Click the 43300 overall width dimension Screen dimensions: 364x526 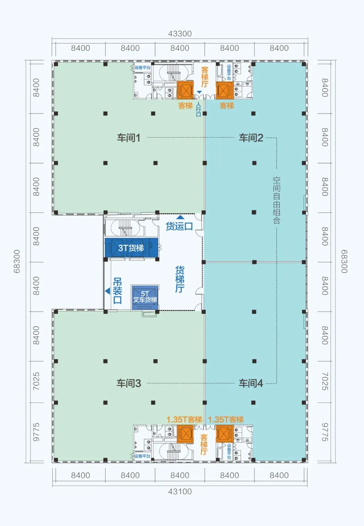pos(180,34)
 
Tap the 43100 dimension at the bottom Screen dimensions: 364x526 pos(180,491)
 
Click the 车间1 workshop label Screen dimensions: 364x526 pos(129,138)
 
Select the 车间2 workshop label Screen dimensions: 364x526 pos(251,138)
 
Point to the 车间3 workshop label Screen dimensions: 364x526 pos(129,383)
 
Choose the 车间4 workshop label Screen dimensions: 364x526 pos(251,383)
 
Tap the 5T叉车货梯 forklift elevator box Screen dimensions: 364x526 pos(145,297)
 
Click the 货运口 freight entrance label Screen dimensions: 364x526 pos(179,226)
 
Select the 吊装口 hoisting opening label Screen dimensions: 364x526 pos(117,291)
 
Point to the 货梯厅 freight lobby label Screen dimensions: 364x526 pos(180,279)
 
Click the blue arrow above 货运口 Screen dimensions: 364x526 pos(180,217)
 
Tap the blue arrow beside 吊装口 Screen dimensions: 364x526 pos(108,291)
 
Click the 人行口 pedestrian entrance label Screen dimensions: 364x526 pos(199,109)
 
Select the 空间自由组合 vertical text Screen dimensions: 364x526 pos(276,200)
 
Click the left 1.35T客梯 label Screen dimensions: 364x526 pos(184,419)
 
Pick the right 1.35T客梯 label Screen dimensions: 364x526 pos(226,419)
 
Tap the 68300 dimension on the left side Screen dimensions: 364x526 pos(17,261)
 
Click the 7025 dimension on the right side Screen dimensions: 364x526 pos(325,381)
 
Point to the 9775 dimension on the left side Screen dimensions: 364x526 pos(36,432)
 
